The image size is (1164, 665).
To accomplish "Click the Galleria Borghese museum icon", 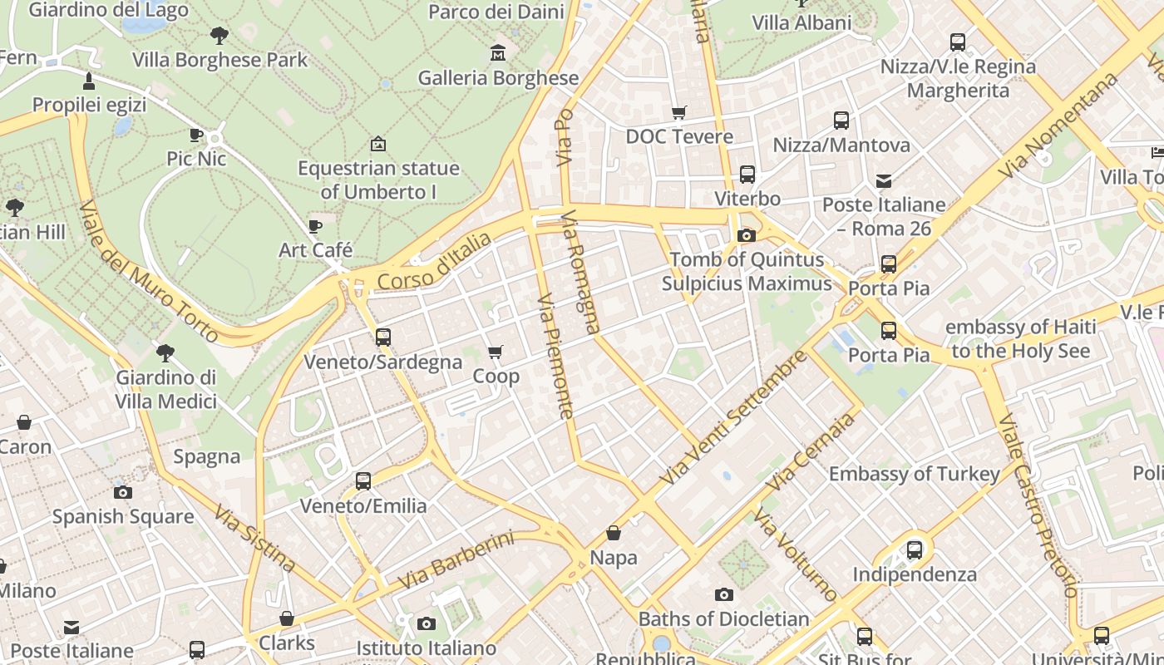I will pos(498,53).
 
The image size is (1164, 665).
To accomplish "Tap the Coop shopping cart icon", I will pos(496,352).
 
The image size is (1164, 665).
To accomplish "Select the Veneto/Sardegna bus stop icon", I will pos(383,337).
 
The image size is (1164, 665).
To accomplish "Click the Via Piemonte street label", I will pos(556,356).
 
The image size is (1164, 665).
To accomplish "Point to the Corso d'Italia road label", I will pos(434,262).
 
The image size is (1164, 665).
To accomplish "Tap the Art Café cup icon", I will pos(315,226).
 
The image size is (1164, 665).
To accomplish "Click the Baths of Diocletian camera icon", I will pos(724,594).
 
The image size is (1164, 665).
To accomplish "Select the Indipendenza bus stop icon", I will pos(915,549).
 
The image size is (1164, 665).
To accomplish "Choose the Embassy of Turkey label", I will pos(914,474).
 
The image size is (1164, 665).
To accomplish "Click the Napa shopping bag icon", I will pos(614,533).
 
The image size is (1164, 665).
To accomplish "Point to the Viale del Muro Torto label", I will pos(150,271).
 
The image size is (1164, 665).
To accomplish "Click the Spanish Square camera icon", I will pos(123,492).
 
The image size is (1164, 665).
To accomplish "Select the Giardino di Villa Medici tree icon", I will pos(165,352).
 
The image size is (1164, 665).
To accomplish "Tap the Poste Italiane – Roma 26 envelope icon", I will pos(884,180).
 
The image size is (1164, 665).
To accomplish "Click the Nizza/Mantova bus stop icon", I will pos(841,121).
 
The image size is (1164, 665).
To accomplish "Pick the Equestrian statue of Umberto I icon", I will pos(378,144).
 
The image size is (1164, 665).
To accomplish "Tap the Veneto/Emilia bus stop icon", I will pos(363,480).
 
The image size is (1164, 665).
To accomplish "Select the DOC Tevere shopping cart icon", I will pos(679,112).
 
